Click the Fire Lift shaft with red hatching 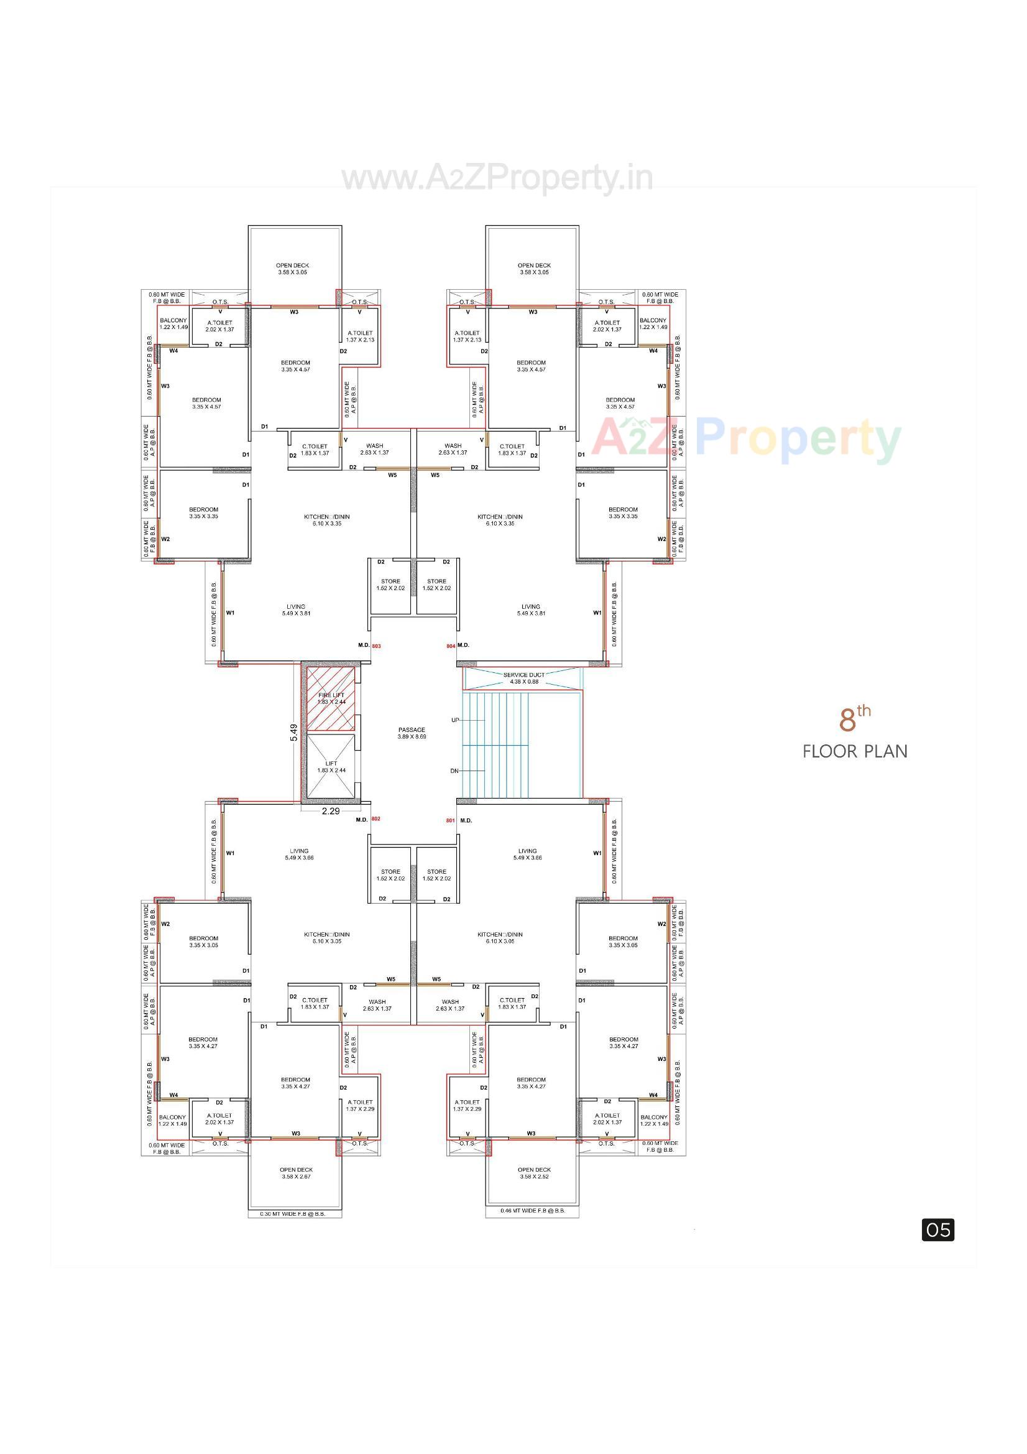331,698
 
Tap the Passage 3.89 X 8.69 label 412,733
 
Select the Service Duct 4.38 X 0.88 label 523,678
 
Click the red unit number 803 377,646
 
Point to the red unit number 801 450,821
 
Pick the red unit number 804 450,646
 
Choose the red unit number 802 376,819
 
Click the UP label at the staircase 455,720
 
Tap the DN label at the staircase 454,771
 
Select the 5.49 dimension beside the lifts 294,733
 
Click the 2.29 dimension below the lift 331,810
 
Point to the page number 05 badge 937,1230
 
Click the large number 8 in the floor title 848,721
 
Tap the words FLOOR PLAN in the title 855,752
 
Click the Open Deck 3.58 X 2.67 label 297,1173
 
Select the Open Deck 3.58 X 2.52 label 535,1173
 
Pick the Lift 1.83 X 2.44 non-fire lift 331,767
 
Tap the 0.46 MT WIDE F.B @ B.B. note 533,1211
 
